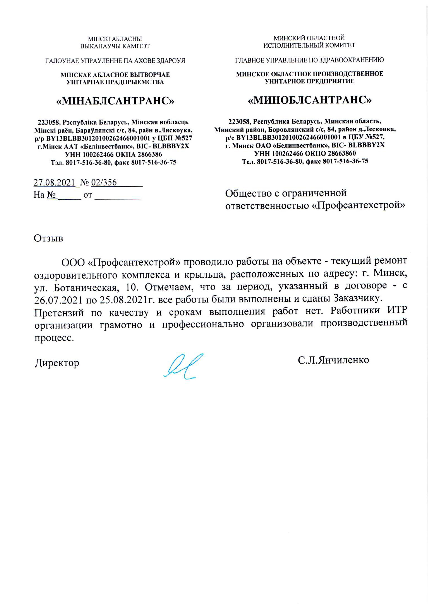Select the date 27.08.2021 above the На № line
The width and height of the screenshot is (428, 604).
54,182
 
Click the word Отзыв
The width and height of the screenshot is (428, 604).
49,238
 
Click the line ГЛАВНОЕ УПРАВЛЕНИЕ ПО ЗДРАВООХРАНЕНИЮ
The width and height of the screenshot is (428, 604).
309,60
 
